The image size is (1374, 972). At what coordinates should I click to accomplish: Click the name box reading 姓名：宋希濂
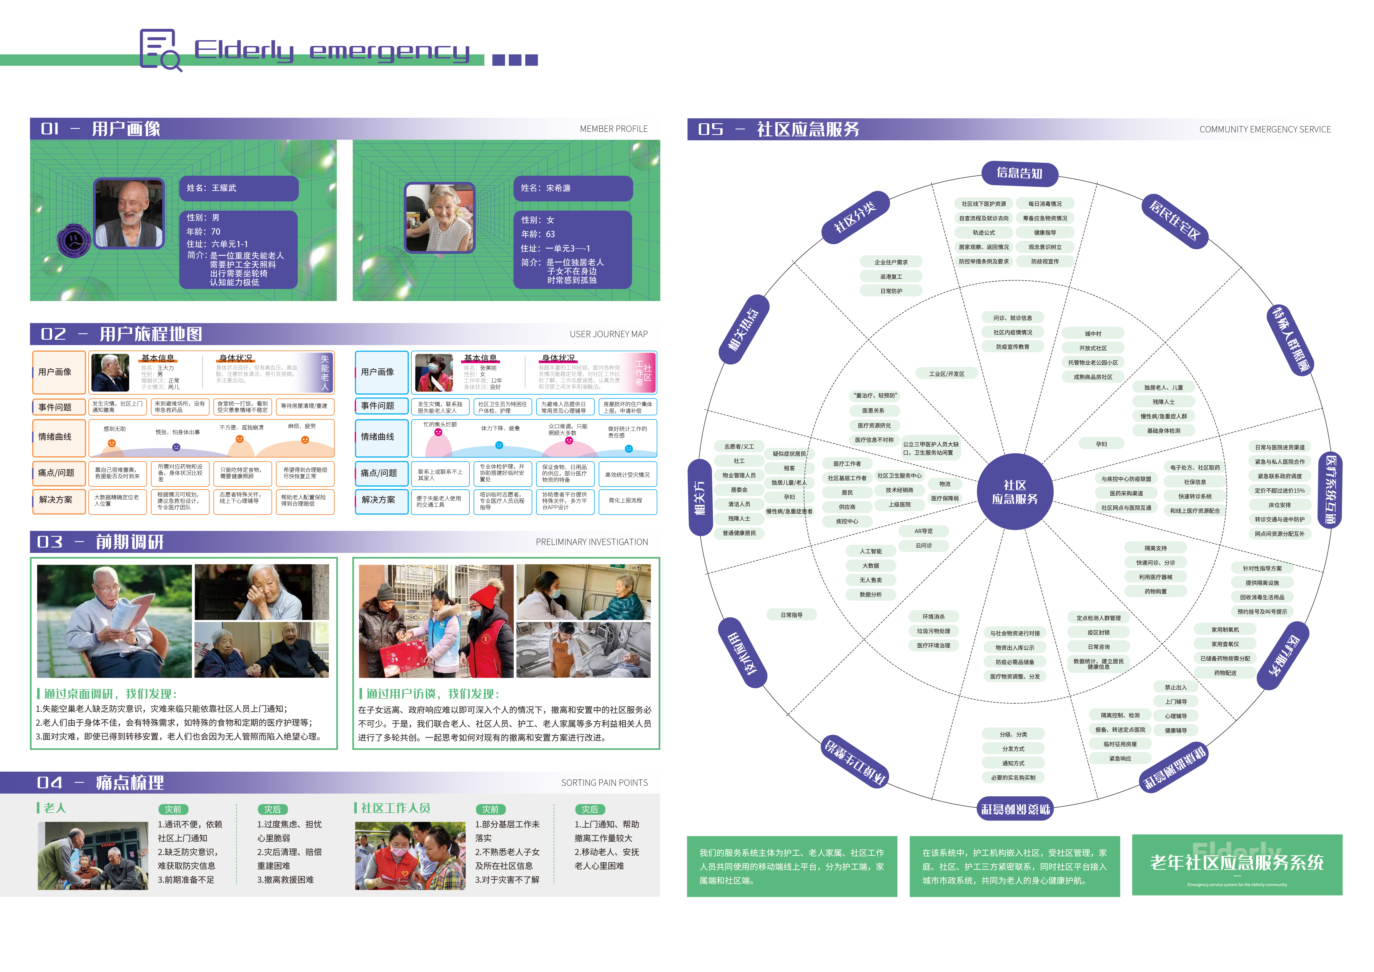(573, 188)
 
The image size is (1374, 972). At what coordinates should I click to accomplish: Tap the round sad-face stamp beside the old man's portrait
(74, 241)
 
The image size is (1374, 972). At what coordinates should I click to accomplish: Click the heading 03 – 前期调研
(101, 542)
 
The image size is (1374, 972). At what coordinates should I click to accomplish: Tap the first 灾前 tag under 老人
(173, 809)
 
